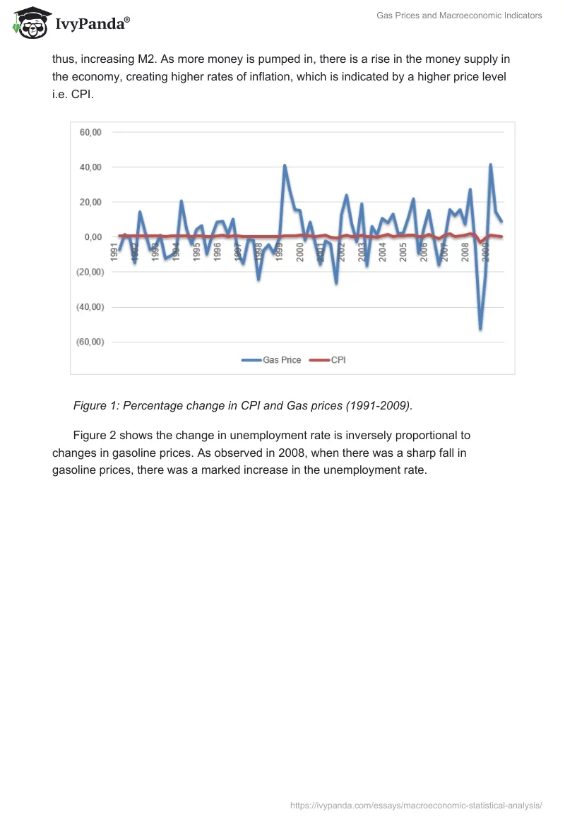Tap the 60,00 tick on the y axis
point(90,132)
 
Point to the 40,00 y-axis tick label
point(90,167)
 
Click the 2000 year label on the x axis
point(300,252)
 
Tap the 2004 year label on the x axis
point(383,252)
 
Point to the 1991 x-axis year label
point(114,252)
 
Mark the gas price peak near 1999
point(285,166)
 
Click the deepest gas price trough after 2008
point(480,328)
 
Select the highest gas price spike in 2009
point(490,165)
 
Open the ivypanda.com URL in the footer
point(416,805)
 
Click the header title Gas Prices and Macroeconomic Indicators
point(470,16)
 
